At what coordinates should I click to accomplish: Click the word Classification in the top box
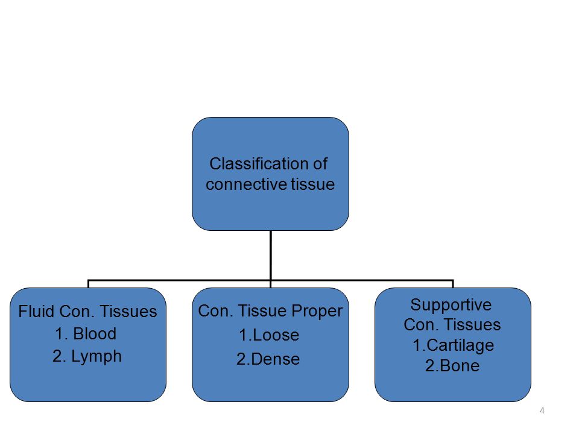coord(258,163)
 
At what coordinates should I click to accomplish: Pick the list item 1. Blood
coord(86,333)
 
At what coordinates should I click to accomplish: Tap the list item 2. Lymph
coord(87,357)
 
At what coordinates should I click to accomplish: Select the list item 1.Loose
coord(269,335)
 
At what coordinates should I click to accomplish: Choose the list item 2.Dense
coord(268,359)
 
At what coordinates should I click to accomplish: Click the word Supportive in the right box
coord(451,305)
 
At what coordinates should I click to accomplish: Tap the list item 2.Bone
coord(452,366)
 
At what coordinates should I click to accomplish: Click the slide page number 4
coord(542,410)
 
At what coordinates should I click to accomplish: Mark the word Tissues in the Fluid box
coord(128,311)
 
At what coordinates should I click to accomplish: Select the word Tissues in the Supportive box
coord(472,325)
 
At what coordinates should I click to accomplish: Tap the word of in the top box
coord(320,163)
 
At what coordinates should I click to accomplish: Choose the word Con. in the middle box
coord(216,311)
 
